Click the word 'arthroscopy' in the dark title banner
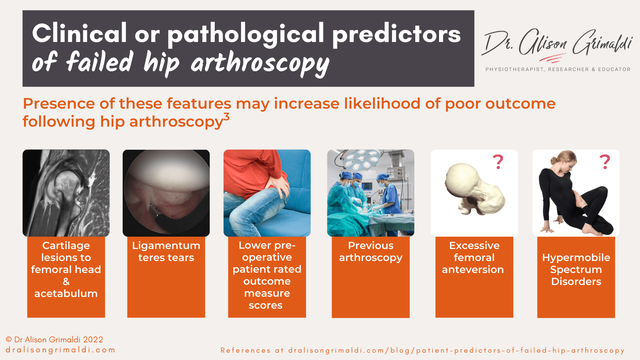tap(260, 63)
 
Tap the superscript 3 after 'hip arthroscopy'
tap(226, 117)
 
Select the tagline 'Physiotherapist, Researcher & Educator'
tap(558, 69)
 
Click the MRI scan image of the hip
tap(66, 193)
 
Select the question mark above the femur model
tap(498, 162)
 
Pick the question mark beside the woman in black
tap(604, 162)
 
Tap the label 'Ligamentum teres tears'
tap(166, 251)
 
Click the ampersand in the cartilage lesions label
tap(66, 282)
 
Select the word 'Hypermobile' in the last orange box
tap(576, 258)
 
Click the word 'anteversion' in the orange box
tap(473, 270)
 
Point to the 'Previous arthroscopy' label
tap(370, 251)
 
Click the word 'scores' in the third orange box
tap(266, 305)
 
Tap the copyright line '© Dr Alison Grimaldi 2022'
tap(54, 340)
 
